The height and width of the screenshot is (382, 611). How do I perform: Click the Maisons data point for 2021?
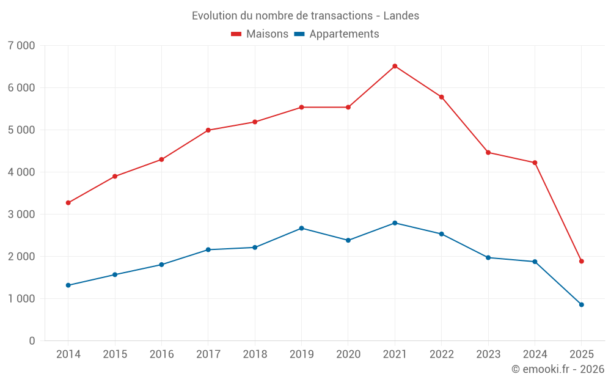395,66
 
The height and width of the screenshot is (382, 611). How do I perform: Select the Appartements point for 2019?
301,228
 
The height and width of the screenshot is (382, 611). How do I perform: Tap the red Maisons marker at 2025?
581,261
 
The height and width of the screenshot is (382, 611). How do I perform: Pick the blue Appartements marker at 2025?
581,304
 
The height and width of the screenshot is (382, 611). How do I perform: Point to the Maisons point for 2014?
68,203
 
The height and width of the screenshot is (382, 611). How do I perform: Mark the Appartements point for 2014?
68,285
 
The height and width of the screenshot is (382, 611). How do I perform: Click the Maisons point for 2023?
488,152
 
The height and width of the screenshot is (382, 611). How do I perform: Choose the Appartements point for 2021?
395,223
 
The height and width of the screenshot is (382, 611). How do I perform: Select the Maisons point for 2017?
208,130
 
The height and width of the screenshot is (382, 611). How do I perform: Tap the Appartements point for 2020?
348,240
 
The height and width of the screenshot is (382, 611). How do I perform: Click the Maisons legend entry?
260,34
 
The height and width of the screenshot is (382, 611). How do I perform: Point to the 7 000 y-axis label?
21,46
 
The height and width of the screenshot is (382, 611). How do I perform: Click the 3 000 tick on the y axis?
21,215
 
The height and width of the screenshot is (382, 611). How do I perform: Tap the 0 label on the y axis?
32,341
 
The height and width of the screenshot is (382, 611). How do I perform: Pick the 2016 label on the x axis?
161,354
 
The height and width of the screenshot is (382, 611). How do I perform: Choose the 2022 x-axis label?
441,354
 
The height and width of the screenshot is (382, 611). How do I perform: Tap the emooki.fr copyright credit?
558,369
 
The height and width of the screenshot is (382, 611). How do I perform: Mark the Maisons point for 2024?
535,163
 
